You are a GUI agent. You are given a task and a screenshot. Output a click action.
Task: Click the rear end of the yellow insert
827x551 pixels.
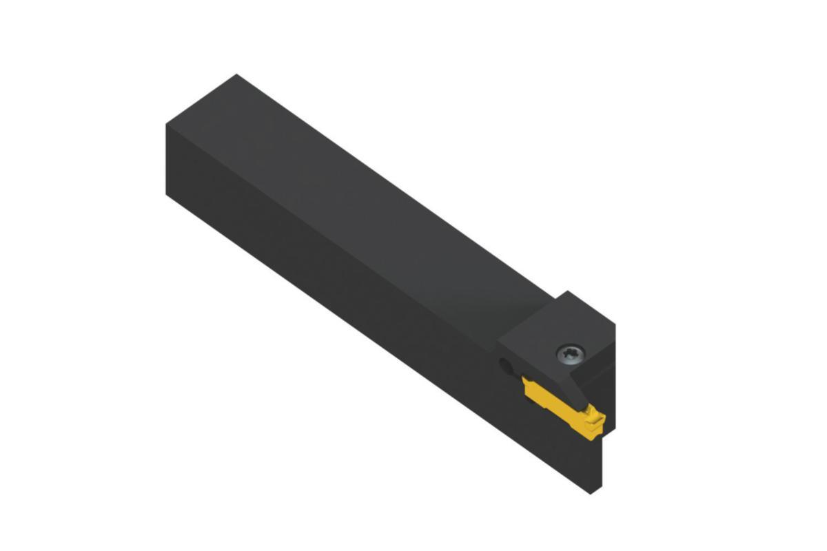527,382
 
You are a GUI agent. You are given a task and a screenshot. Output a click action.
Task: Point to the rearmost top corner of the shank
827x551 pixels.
236,74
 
